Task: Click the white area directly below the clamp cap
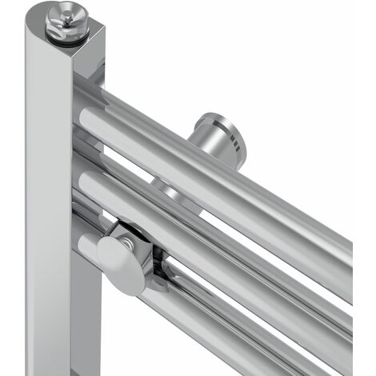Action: pyautogui.click(x=120, y=336)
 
